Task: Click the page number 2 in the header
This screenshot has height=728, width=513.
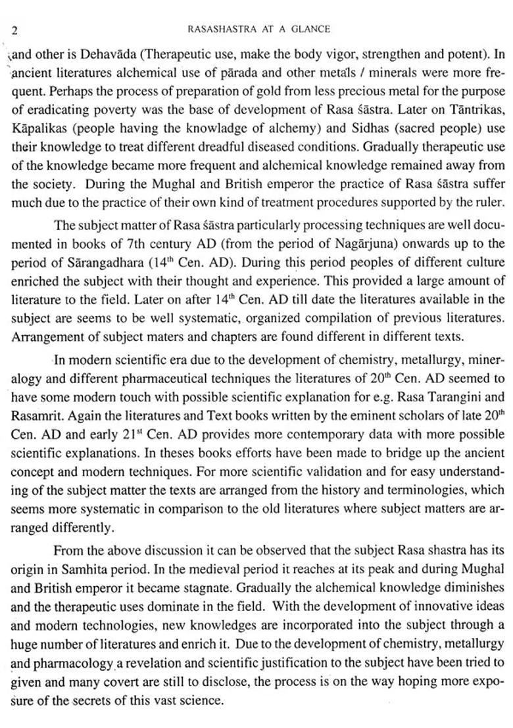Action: click(x=14, y=30)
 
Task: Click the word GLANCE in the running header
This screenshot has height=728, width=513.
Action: click(x=310, y=29)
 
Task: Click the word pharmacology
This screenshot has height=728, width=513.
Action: click(x=70, y=663)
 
